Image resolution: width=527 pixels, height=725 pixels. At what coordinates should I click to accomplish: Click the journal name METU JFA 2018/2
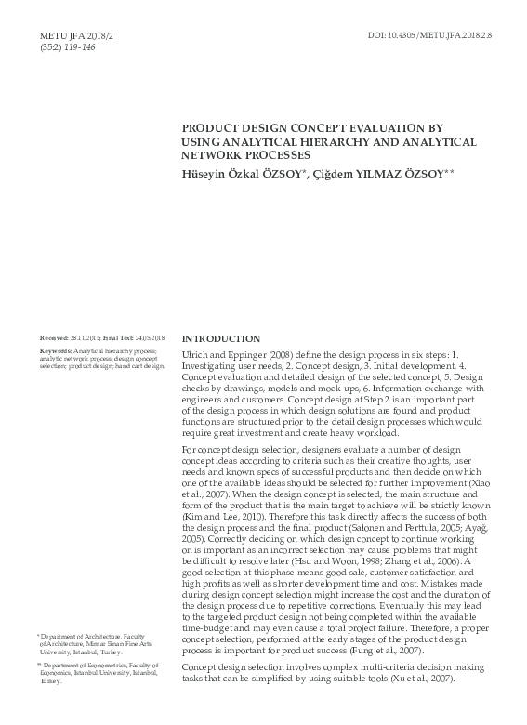tap(69, 34)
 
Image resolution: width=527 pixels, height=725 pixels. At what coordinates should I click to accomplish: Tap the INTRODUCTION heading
tap(220, 339)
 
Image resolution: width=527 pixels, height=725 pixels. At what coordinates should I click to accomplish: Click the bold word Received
tap(53, 338)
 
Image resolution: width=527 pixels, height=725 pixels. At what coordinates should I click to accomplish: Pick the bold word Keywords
tap(56, 350)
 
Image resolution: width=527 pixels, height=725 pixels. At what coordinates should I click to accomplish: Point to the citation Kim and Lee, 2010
tap(221, 514)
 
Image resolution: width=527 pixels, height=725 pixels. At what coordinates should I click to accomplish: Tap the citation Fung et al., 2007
tap(397, 651)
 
